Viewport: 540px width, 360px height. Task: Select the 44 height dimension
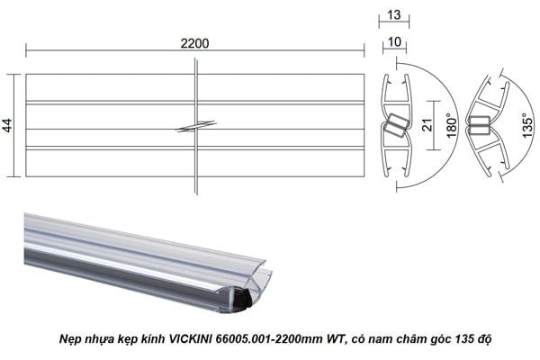(x=8, y=125)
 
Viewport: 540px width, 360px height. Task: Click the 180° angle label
(x=450, y=124)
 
